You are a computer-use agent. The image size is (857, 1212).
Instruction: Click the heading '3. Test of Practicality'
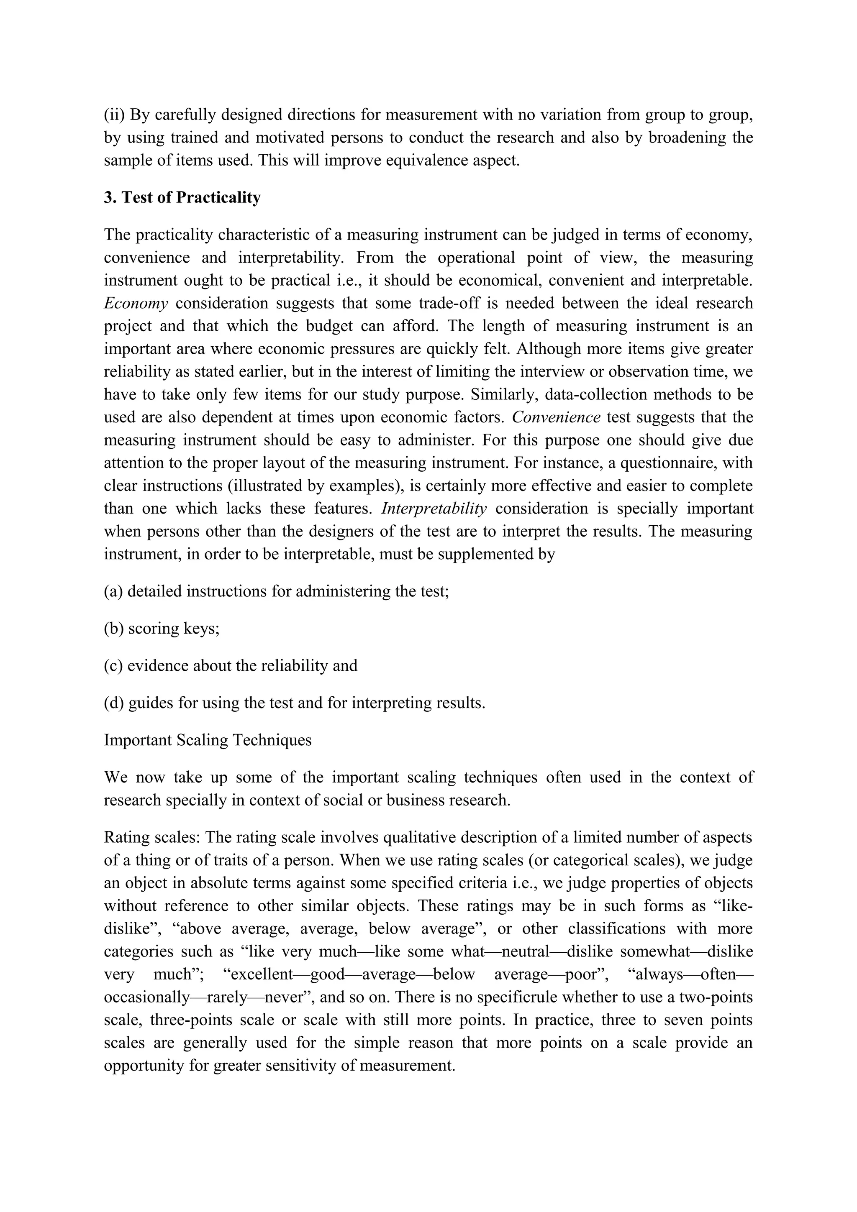click(182, 197)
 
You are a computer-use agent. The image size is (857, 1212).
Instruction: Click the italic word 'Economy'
click(136, 304)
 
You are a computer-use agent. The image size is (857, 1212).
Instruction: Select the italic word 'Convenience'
click(556, 417)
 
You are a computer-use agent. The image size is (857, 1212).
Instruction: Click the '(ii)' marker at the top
click(114, 115)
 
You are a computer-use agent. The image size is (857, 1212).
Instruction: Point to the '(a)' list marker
click(113, 591)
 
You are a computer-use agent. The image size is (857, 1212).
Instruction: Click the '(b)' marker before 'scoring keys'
click(113, 629)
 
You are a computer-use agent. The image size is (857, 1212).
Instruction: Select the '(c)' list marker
click(113, 666)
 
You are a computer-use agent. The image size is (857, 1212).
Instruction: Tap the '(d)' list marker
click(113, 703)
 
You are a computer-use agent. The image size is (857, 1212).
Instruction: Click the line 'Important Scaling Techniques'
click(208, 740)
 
